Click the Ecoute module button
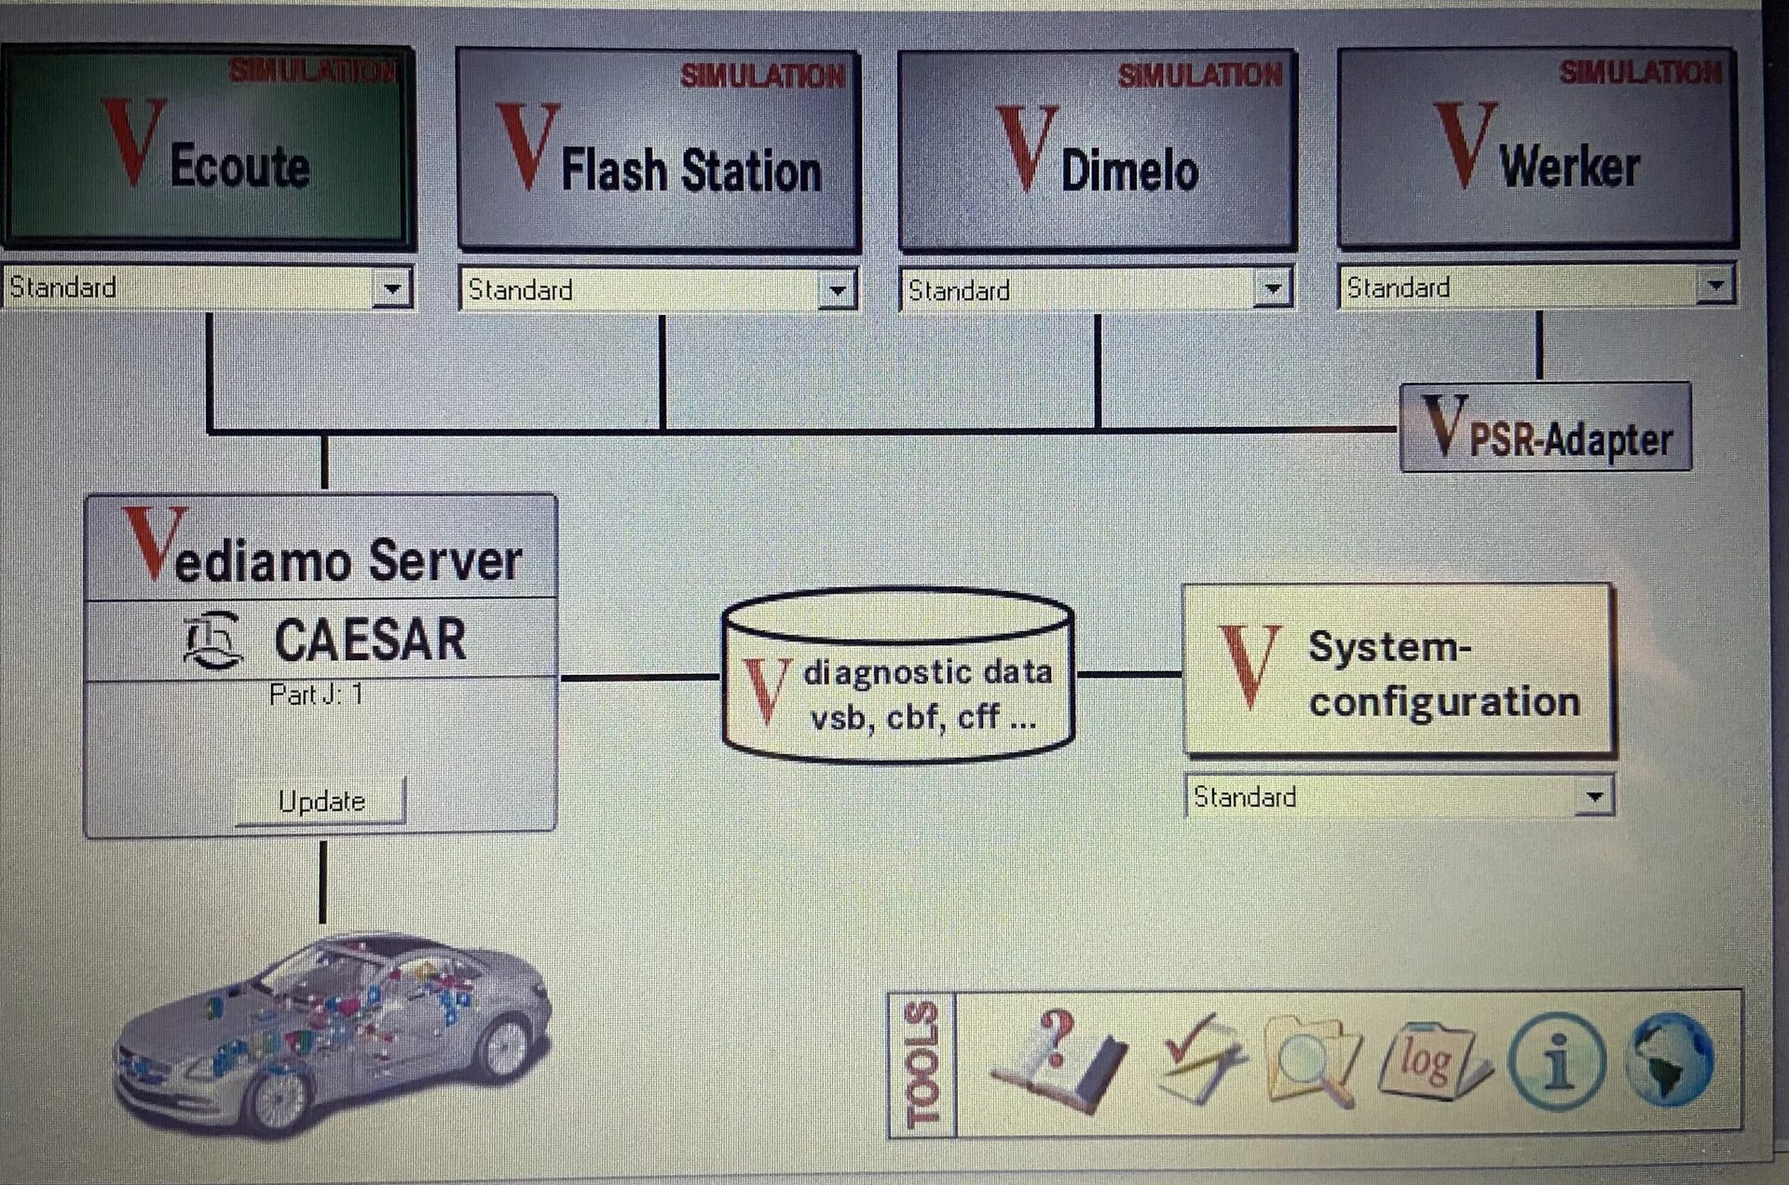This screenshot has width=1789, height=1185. click(207, 147)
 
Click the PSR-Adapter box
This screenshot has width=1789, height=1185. click(1545, 428)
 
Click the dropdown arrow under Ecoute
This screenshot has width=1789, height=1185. click(392, 288)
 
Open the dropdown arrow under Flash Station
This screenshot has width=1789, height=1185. click(837, 290)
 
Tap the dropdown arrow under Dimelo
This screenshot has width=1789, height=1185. click(1272, 289)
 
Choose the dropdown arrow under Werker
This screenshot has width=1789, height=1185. click(1714, 286)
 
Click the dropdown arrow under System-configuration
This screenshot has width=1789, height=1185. click(1594, 797)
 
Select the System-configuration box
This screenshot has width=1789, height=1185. click(1398, 669)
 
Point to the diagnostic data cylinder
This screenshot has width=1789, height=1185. click(898, 675)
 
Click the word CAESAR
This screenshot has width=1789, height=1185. click(370, 640)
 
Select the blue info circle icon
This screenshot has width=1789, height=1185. click(1555, 1061)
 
